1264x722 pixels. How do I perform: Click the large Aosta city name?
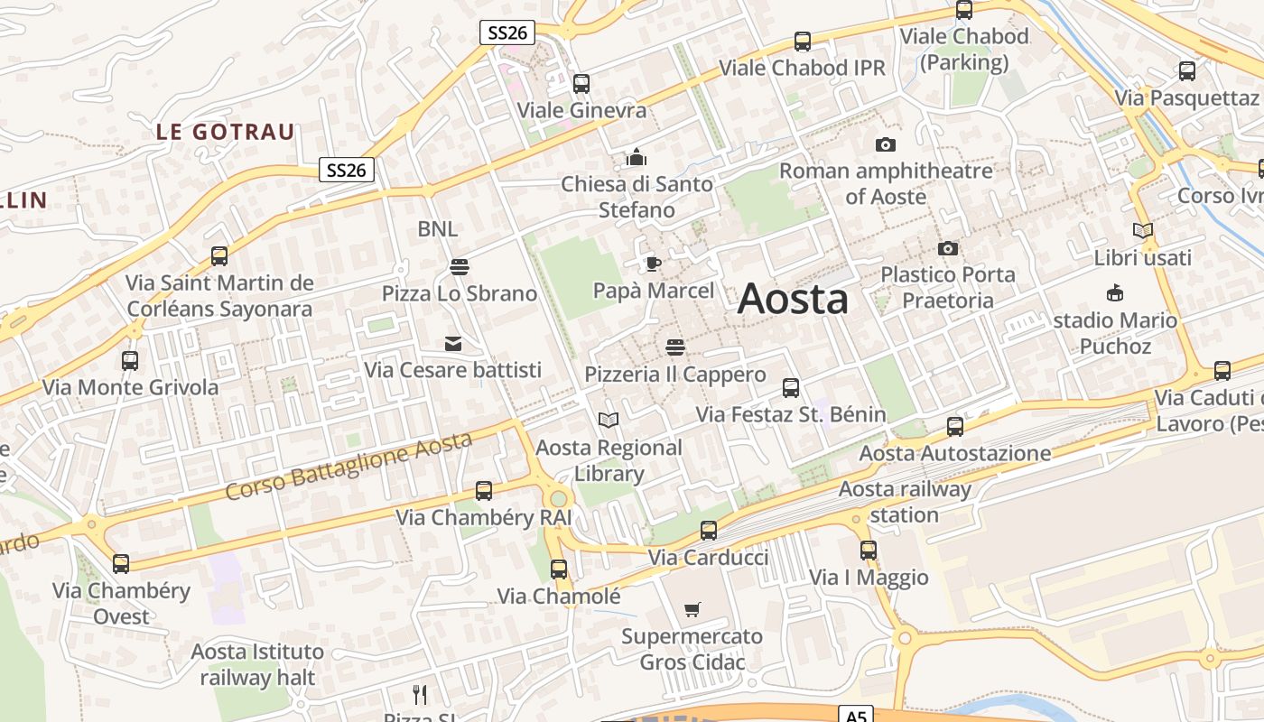[793, 299]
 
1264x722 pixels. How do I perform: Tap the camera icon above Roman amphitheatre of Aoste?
[886, 144]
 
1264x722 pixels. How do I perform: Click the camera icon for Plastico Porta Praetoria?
[947, 248]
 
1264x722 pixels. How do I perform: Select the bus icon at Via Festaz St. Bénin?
[791, 388]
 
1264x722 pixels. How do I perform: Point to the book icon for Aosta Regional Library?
[609, 421]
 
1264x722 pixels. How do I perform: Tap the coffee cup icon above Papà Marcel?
[653, 264]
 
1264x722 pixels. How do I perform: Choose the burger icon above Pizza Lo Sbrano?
[460, 267]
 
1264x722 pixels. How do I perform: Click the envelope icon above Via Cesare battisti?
[452, 344]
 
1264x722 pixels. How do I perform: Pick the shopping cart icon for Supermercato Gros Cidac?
[692, 610]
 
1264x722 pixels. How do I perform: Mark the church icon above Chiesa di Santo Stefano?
[637, 158]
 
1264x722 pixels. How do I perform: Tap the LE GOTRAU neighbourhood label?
[226, 132]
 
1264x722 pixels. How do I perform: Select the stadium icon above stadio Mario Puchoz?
[1115, 293]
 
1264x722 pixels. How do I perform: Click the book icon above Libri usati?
[1143, 231]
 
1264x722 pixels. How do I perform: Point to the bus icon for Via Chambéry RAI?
[484, 491]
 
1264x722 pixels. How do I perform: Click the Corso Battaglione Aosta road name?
[349, 466]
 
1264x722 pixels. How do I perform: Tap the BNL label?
[438, 229]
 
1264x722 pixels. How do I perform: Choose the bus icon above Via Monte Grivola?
[130, 361]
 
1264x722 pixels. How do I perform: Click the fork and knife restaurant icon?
[420, 694]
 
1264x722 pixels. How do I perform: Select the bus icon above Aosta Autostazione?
[955, 426]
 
